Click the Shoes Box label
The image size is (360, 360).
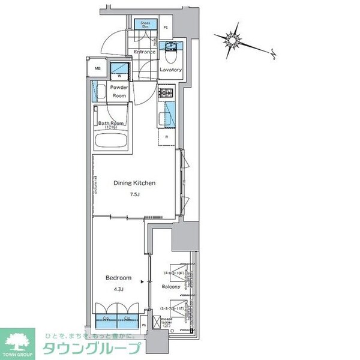[x=145, y=25]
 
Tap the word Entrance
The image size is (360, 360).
[x=145, y=52]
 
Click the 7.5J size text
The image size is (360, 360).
[x=136, y=194]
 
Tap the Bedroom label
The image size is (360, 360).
[x=118, y=278]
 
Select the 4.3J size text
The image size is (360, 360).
[x=118, y=290]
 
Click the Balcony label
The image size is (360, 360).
[x=171, y=287]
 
